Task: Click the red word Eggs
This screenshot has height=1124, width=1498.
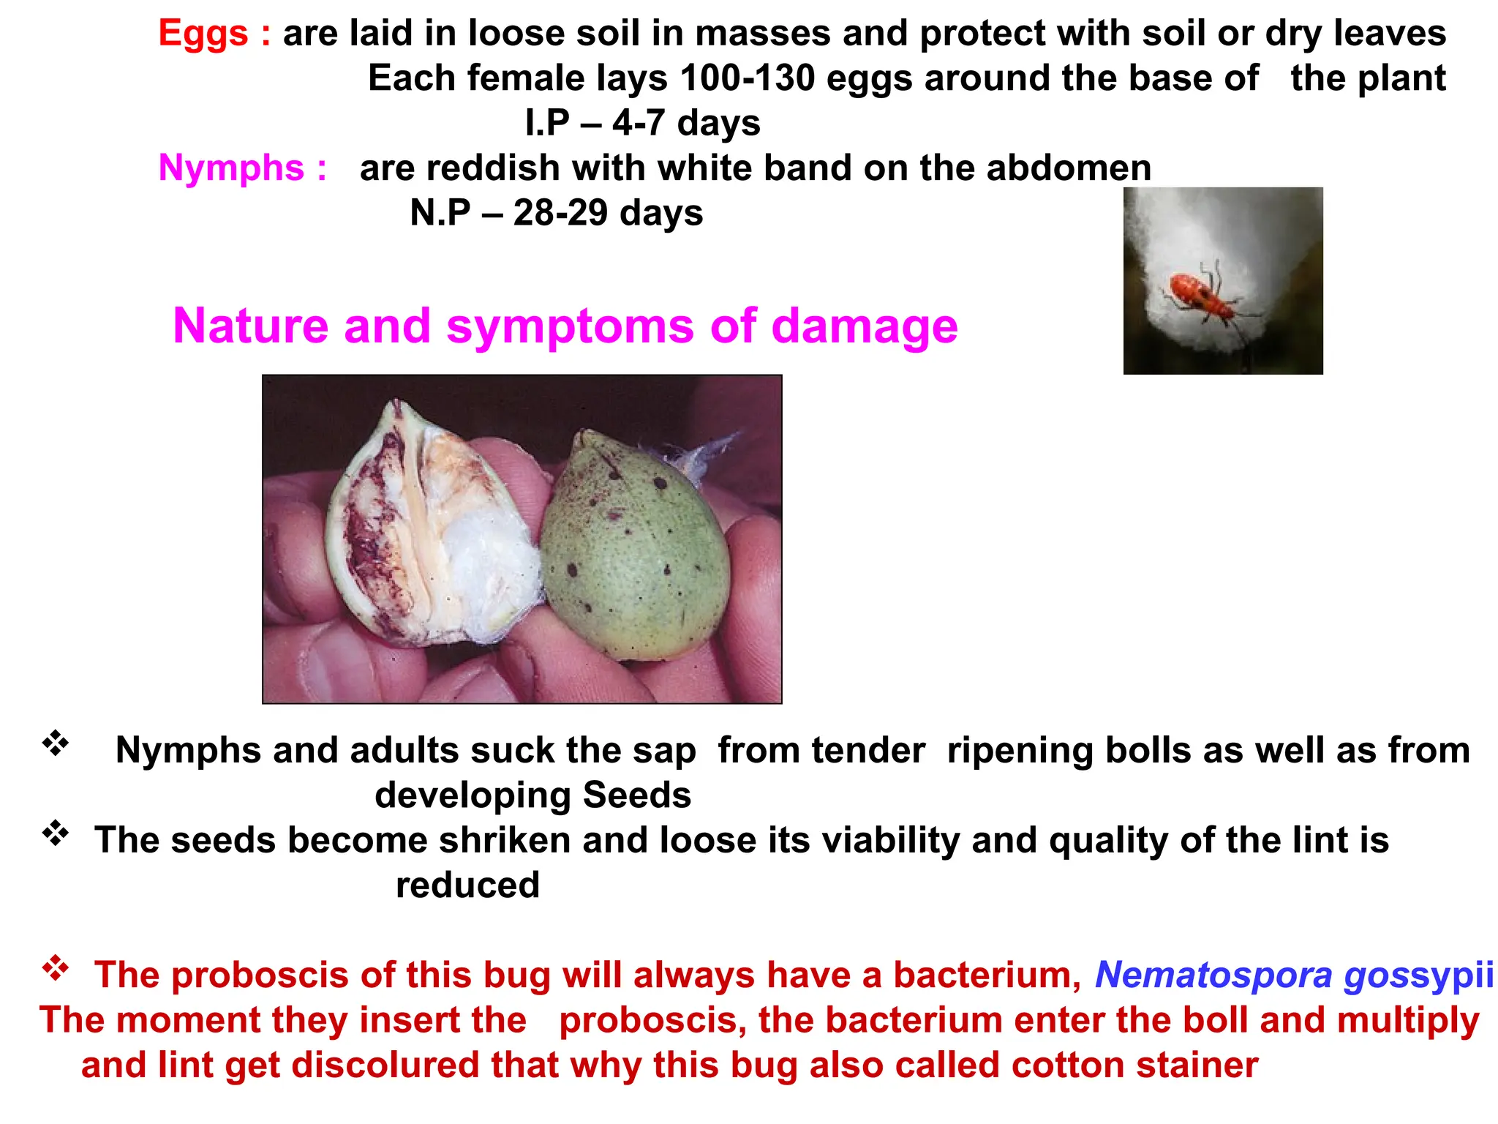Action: pos(203,34)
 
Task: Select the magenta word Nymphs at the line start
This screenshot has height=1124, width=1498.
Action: pos(231,168)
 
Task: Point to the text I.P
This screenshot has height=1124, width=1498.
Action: pos(546,123)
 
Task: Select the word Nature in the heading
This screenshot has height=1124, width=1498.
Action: pos(250,326)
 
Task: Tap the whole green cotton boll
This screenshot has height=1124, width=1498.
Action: pos(635,545)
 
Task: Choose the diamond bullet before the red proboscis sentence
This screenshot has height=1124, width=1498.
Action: pos(56,969)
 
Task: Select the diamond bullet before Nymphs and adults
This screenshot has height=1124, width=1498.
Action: pos(56,744)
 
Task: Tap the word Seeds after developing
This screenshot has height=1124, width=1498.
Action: pos(636,795)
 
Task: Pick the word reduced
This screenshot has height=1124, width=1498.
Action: pos(467,885)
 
